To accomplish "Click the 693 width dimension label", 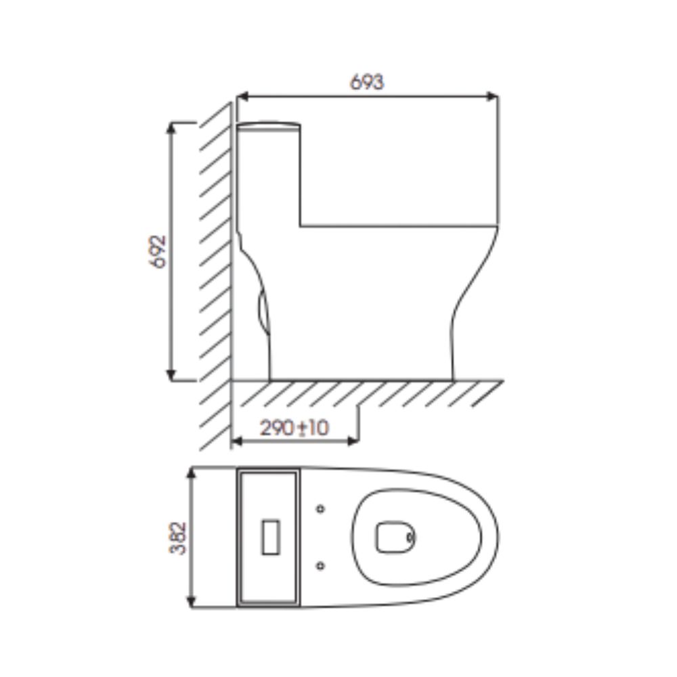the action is [366, 82].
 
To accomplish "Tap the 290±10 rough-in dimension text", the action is [294, 428].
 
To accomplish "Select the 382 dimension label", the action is [178, 538].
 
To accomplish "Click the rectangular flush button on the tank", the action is [271, 537].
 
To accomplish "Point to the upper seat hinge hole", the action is [320, 508].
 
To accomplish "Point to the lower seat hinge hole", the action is [320, 565].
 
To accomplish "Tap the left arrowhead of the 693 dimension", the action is [242, 96].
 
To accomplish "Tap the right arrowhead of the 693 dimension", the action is [493, 96].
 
